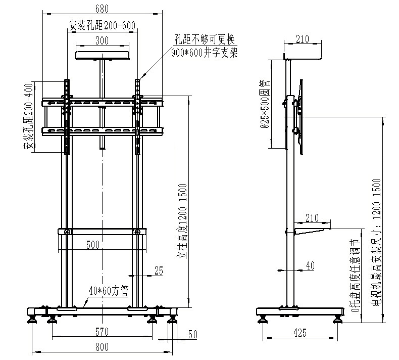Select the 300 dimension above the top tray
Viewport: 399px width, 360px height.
coord(102,41)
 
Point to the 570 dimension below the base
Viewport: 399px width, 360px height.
coord(102,332)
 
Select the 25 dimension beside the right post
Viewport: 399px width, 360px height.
coord(159,271)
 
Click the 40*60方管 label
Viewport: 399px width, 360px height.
coord(108,291)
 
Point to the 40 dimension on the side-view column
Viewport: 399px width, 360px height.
coord(310,265)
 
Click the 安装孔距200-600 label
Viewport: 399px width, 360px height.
coord(102,25)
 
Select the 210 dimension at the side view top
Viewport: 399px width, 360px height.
coord(302,39)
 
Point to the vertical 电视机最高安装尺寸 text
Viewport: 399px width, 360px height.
coord(376,243)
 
